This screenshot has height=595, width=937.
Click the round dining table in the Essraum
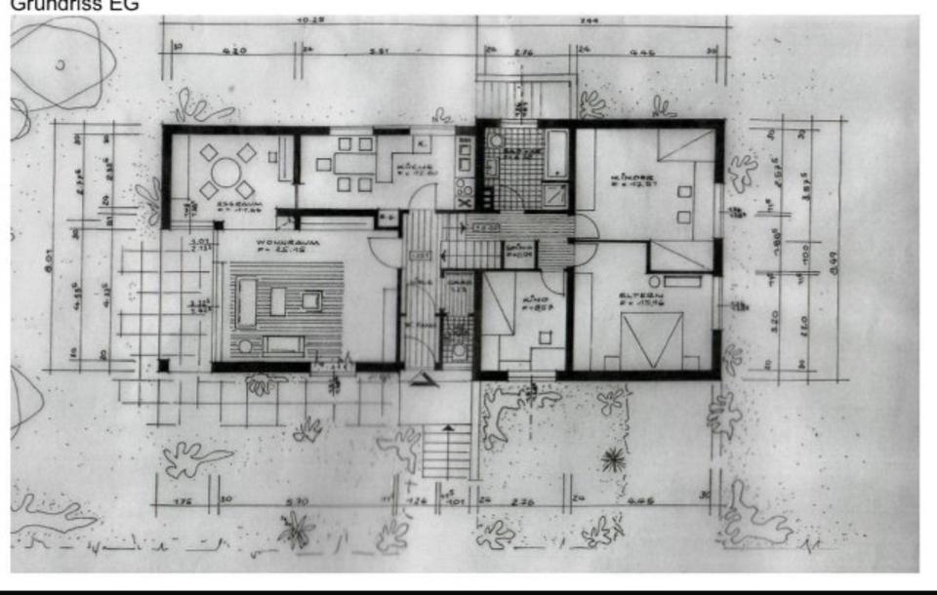(x=224, y=173)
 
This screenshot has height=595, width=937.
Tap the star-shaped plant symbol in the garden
(x=612, y=458)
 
